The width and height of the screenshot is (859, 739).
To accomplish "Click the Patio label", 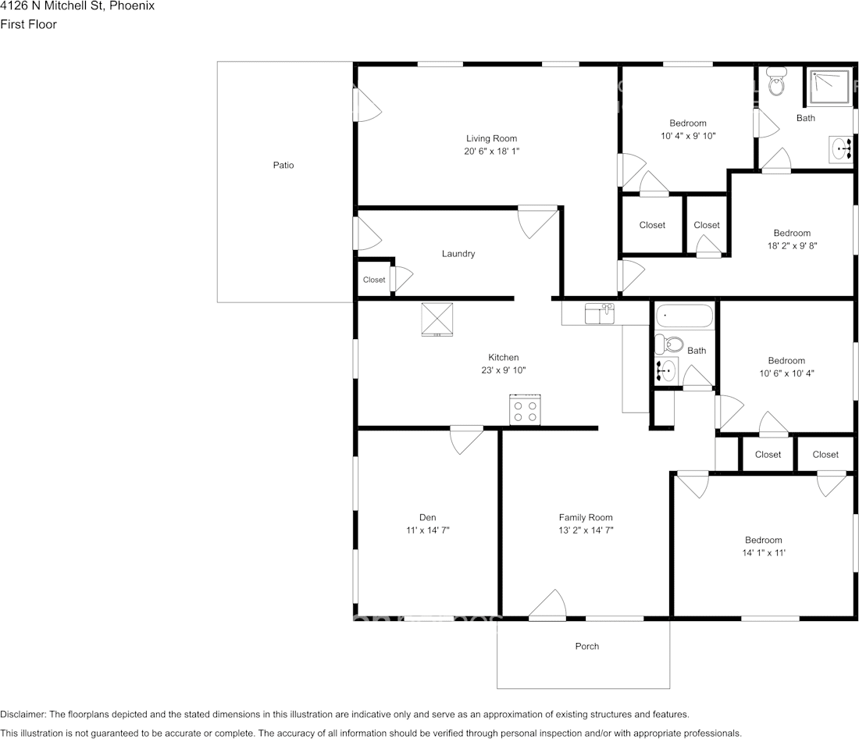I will pos(283,166).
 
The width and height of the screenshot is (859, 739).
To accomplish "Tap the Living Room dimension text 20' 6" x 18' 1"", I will pos(491,152).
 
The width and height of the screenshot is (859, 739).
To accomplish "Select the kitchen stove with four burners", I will pos(526,410).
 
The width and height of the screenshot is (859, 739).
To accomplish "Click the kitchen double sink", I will pos(599,314).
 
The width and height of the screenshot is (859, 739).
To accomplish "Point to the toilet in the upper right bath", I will pos(776,81).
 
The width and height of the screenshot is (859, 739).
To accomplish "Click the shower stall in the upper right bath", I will pos(830,86).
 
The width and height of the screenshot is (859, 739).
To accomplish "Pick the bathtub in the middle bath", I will pos(685,316).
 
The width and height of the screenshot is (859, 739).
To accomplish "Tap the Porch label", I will pos(587,646).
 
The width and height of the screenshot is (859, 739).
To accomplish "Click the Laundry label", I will pos(458,254).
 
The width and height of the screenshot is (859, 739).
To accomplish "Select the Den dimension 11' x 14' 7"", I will pos(427,530).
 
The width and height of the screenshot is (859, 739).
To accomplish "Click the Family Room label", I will pos(586,517).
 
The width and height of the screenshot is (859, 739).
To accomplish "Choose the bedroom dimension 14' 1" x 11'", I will pos(763,553).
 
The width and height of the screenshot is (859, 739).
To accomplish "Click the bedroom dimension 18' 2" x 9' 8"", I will pos(792,245).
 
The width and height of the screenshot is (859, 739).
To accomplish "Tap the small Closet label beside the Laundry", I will pos(374,280).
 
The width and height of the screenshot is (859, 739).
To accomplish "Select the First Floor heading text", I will pos(29,24).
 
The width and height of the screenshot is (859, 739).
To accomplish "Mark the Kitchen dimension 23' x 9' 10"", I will pos(504,370).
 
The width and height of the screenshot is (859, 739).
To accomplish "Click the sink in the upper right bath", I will pos(842,148).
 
